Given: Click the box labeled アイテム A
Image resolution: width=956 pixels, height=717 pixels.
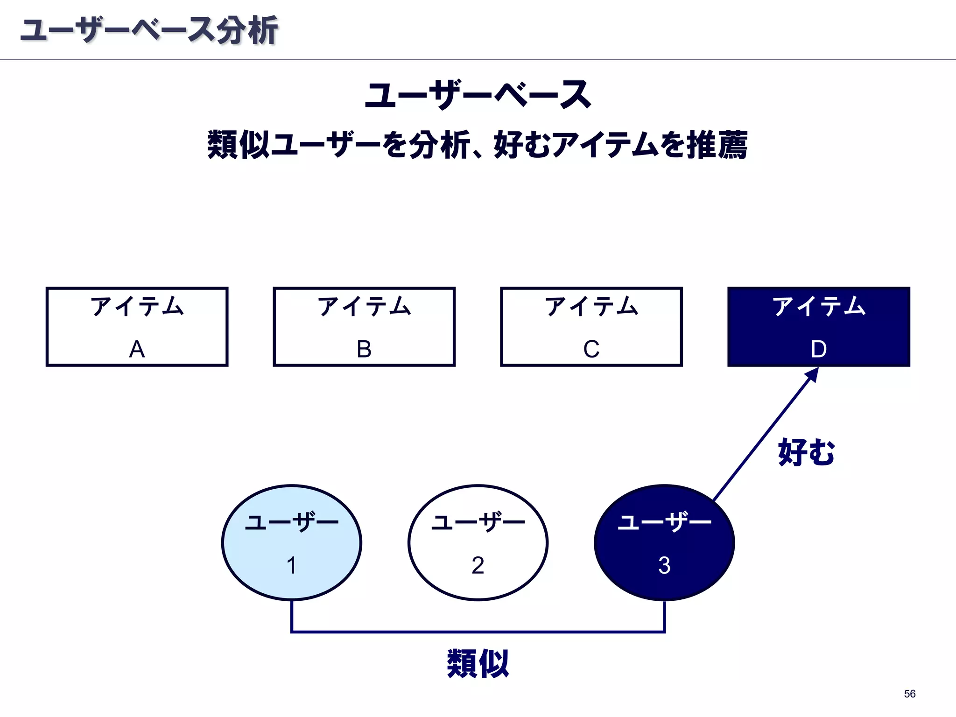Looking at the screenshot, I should [x=137, y=327].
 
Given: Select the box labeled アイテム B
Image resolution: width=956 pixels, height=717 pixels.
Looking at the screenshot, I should [x=364, y=327].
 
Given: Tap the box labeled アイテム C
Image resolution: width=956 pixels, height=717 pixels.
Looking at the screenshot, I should [x=591, y=327].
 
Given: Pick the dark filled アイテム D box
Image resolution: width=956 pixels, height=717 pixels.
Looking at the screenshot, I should [x=818, y=327].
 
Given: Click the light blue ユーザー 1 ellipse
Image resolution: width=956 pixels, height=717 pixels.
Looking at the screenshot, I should [x=292, y=542].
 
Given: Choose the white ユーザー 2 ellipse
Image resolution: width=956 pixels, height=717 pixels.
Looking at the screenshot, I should [x=478, y=542].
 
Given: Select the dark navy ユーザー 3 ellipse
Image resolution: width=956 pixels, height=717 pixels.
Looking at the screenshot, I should [x=664, y=542].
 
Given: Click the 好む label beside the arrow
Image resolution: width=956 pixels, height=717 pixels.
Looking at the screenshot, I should [x=806, y=452].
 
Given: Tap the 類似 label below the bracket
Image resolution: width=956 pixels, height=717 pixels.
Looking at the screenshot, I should [x=478, y=663].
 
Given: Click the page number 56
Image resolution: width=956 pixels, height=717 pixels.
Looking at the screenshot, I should [x=909, y=694].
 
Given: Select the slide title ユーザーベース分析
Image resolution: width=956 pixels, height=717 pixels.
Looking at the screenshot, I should [x=149, y=31].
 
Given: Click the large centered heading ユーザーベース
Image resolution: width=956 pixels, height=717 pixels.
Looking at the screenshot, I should [x=478, y=95].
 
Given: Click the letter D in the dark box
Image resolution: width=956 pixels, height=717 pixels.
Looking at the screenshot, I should [x=819, y=349].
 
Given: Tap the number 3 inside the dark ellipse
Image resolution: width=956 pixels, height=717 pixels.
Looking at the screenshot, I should [x=664, y=565].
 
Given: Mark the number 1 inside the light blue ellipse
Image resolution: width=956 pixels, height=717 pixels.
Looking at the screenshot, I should [x=292, y=565].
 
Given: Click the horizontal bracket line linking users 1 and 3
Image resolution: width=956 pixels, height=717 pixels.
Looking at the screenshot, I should [x=478, y=632].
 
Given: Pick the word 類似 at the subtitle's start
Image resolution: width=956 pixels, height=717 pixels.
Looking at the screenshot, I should [x=239, y=145].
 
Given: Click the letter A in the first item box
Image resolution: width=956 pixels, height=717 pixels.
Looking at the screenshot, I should [x=137, y=349].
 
